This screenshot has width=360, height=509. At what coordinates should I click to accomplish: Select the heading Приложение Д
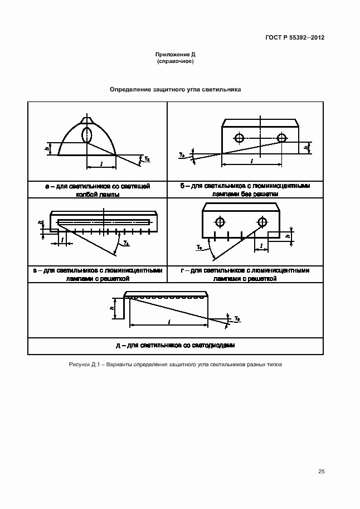[175, 55]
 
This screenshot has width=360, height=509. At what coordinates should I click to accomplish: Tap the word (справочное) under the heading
[175, 61]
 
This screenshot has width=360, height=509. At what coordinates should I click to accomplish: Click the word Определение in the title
[129, 89]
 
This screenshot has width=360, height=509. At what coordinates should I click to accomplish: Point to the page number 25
[321, 472]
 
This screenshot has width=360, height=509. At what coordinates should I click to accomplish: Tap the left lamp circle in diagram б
[239, 138]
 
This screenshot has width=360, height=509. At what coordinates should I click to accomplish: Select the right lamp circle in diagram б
[281, 138]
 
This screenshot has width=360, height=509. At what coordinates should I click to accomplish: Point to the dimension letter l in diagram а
[101, 164]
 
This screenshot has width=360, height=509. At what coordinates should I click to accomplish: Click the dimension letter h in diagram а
[47, 148]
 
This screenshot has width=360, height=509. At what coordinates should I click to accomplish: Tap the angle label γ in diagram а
[146, 159]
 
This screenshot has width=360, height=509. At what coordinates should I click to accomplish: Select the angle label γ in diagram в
[126, 244]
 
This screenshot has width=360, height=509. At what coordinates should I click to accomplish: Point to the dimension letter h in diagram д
[111, 307]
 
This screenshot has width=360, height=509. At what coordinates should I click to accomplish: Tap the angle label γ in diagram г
[199, 246]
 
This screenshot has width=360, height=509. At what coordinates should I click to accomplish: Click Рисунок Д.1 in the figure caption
[85, 365]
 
